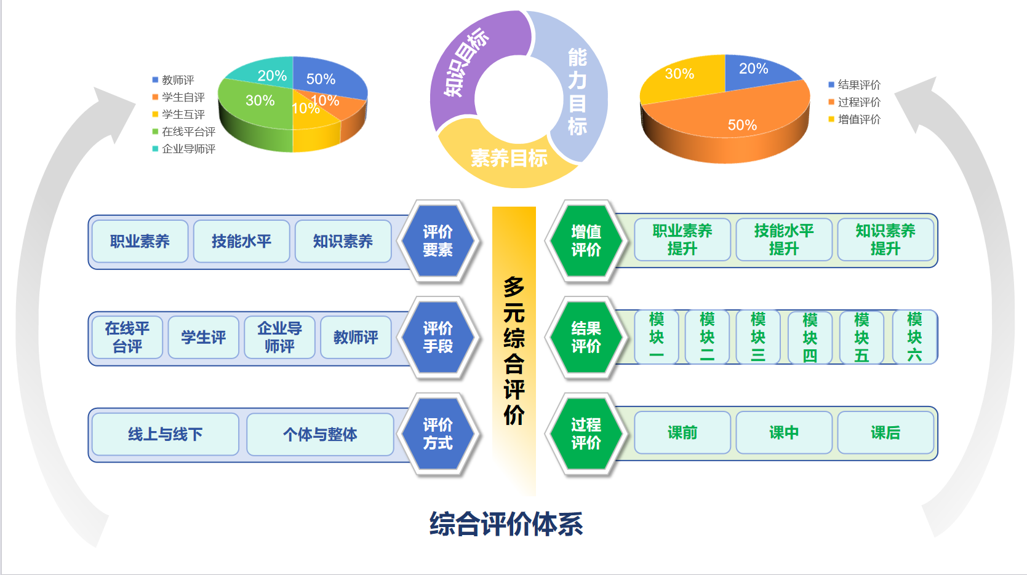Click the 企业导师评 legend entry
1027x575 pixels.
(x=188, y=149)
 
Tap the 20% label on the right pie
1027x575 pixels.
(x=753, y=69)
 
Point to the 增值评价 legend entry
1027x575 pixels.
(x=858, y=119)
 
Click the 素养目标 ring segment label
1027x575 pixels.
(x=509, y=159)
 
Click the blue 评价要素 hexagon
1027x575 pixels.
(x=438, y=241)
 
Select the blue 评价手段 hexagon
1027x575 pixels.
(x=438, y=338)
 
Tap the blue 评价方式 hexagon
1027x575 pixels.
(x=438, y=434)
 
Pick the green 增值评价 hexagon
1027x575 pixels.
(x=586, y=241)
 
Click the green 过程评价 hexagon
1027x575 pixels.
(x=586, y=434)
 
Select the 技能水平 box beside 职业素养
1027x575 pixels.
(x=241, y=241)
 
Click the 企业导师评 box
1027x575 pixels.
(x=279, y=338)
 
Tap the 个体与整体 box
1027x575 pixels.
(x=320, y=435)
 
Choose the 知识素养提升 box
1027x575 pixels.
(x=885, y=240)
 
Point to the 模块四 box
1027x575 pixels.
(x=810, y=338)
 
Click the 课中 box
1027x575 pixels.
(x=783, y=433)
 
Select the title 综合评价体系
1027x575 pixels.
(x=506, y=524)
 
